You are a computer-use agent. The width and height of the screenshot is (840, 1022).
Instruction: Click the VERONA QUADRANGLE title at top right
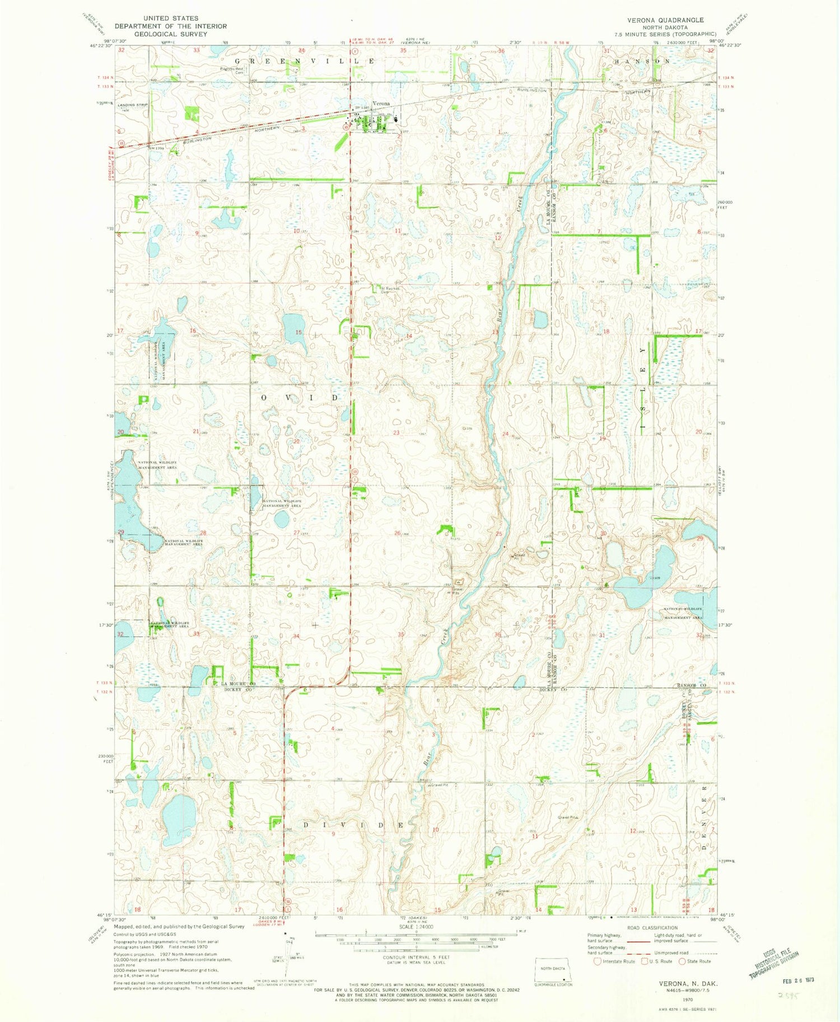click(665, 20)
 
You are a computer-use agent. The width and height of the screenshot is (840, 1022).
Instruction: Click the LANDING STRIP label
click(128, 105)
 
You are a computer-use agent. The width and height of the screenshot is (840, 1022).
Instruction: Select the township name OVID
click(300, 397)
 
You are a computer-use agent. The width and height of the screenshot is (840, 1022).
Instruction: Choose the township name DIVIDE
click(353, 825)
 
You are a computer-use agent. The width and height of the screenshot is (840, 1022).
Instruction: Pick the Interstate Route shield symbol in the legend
click(598, 961)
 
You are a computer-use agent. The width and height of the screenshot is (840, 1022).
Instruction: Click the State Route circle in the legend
click(682, 961)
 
